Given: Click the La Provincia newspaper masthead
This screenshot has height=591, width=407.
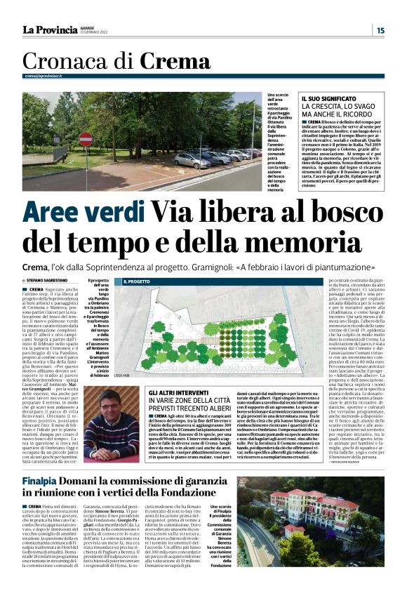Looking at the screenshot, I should coord(50,29).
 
